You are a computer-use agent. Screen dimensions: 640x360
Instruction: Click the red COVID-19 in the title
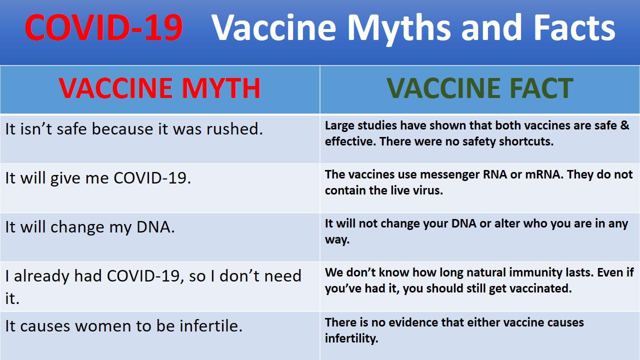click(103, 27)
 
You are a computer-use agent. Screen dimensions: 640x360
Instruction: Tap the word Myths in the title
click(399, 28)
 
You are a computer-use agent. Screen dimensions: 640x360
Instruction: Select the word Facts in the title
click(574, 27)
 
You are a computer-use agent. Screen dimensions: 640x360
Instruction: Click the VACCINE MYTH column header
click(159, 88)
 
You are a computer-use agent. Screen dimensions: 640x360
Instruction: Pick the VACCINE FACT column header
click(480, 88)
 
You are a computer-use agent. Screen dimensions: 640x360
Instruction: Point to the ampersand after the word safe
click(625, 125)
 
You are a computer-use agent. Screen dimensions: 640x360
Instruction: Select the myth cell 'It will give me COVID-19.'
click(98, 178)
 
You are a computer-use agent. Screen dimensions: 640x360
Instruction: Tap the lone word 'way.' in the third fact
click(337, 239)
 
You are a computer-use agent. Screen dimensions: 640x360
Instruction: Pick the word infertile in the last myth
click(211, 326)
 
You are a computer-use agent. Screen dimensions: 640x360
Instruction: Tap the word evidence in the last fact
click(413, 322)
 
